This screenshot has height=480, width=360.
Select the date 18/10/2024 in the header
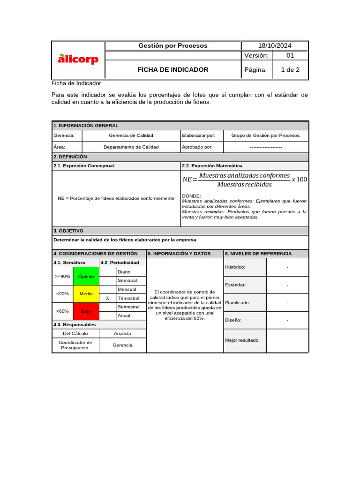[x=275, y=45]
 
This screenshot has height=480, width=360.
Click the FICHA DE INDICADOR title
[x=172, y=69]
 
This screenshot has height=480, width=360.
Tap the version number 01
[x=290, y=56]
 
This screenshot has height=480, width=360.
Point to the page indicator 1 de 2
[x=290, y=69]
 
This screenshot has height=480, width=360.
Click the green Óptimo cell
[x=86, y=276]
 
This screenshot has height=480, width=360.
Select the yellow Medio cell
[x=86, y=294]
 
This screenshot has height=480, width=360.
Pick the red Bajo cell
[x=86, y=311]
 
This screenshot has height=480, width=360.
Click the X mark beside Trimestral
[x=107, y=298]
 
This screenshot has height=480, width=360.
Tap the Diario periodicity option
[x=124, y=272]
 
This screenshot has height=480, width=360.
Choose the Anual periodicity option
[x=124, y=315]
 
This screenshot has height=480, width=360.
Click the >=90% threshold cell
[x=62, y=276]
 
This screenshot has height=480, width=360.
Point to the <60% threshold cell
[x=62, y=311]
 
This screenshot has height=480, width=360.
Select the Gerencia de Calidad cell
[x=131, y=135]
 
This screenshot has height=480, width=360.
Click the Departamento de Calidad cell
[x=131, y=147]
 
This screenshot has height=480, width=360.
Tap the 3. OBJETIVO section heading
[x=68, y=231]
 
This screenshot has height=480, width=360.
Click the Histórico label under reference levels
[x=235, y=267]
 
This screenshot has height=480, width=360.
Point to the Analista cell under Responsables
[x=123, y=333]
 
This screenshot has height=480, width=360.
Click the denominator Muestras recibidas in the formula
[x=244, y=184]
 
